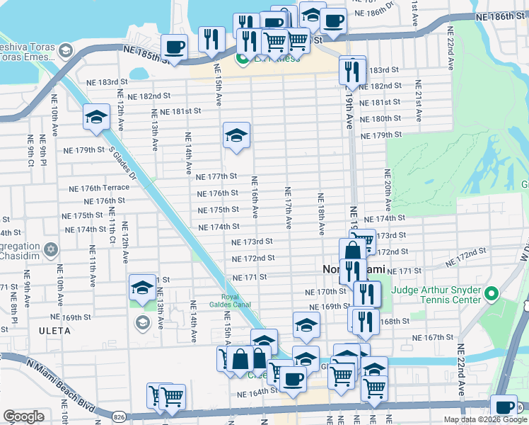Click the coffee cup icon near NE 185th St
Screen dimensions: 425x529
[x=173, y=47]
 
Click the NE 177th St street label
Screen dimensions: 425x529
[x=216, y=176]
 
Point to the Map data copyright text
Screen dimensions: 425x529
[x=485, y=419]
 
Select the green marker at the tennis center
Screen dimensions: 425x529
[x=493, y=293]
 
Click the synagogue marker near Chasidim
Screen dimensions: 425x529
[x=50, y=249]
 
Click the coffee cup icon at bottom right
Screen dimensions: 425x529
[x=505, y=407]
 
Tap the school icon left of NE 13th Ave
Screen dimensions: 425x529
[x=141, y=288]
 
